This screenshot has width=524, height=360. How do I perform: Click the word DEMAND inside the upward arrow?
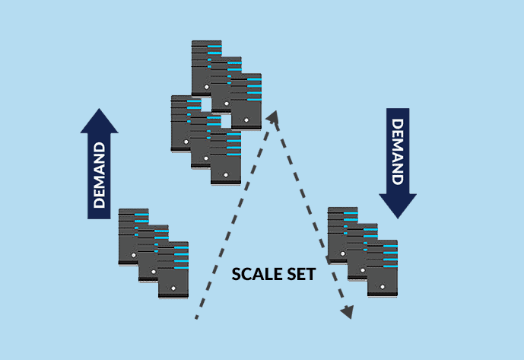99,174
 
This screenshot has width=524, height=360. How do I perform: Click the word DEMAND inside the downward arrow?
398,151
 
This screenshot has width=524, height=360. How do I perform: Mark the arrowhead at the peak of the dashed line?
273,116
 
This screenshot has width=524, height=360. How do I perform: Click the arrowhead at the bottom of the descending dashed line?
348,312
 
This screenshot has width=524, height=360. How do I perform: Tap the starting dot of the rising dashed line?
196,317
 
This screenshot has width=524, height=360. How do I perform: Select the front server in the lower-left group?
173,270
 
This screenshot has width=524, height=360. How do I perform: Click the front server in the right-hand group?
383,268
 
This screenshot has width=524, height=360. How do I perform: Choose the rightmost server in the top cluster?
246,101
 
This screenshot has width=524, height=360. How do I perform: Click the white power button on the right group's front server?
382,287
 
